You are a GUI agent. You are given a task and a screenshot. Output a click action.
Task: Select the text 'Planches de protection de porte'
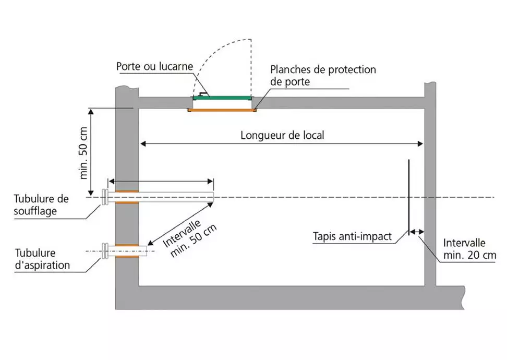(323, 75)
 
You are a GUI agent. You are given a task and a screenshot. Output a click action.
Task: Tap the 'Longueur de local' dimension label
(282, 135)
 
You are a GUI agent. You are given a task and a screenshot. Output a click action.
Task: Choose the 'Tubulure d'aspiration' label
(42, 259)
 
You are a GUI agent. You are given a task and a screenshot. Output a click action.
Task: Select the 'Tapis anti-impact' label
(353, 236)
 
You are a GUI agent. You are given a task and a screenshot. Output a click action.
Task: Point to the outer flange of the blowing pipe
(105, 197)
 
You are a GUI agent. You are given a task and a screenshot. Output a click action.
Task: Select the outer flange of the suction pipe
(105, 251)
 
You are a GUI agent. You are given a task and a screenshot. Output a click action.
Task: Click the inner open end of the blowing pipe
(212, 197)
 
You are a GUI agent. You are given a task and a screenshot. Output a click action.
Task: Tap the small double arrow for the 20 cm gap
(416, 232)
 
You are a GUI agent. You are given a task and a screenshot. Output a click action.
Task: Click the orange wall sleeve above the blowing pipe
(127, 191)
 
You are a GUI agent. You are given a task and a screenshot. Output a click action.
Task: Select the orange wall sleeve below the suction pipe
(127, 257)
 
